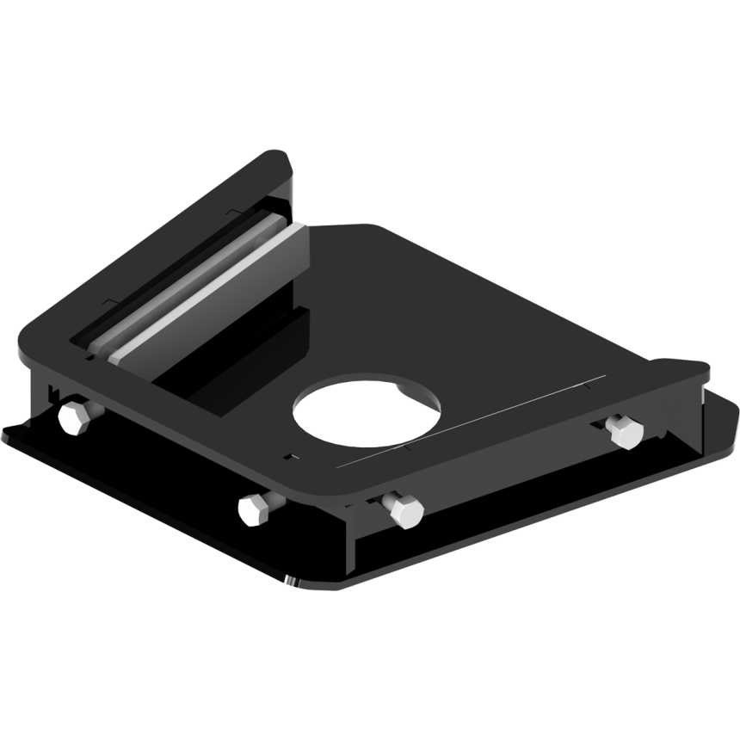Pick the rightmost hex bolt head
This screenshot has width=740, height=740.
point(623,431)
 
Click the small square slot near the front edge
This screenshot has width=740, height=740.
point(293,456)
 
